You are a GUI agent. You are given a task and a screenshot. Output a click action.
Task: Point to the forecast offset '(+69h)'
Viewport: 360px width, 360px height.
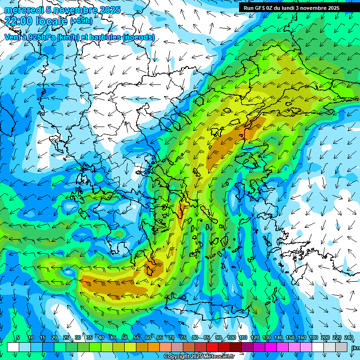81,21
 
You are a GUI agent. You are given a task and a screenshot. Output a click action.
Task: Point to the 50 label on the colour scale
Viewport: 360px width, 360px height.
124,338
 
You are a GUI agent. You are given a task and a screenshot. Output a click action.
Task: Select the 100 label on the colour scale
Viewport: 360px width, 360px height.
231,338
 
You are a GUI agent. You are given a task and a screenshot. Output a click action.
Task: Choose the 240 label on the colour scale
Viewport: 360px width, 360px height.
348,338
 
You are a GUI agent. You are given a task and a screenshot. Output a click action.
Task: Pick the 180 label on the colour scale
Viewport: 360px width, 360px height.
313,338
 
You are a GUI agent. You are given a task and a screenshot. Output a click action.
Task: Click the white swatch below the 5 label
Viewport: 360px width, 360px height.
13,347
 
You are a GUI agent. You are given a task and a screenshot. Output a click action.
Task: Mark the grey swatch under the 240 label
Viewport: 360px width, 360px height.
341,347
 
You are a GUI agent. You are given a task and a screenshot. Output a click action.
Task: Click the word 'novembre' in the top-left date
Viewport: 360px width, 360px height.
73,10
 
